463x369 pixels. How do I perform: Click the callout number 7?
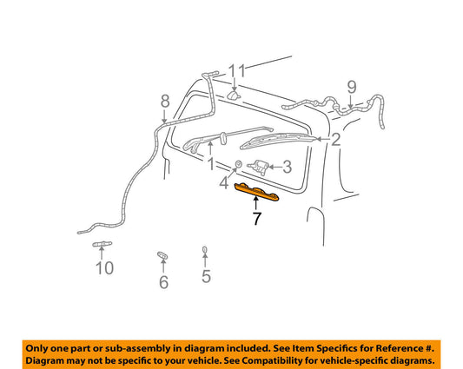coord(256,219)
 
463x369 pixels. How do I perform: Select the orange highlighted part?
coord(256,192)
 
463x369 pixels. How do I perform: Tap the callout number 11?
coord(237,71)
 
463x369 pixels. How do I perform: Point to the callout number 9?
coord(352,87)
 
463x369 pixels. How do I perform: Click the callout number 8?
coord(165,102)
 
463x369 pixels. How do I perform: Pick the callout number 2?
coord(336,139)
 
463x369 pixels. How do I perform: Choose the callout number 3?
coord(287,167)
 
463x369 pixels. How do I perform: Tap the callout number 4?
coord(224,182)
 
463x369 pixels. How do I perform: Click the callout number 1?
coord(211,164)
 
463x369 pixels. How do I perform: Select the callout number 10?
coord(105,268)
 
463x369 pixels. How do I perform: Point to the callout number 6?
coord(163,282)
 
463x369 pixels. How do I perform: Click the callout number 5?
coord(206,276)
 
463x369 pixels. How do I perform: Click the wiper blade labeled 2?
coord(278,141)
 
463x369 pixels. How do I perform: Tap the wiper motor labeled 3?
coord(258,167)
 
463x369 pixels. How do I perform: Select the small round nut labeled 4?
coord(238,163)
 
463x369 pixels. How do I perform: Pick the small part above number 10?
coord(103,244)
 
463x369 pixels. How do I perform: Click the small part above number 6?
coord(162,255)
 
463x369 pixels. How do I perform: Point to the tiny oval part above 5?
coord(204,250)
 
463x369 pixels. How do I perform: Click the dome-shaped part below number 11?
coord(235,95)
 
